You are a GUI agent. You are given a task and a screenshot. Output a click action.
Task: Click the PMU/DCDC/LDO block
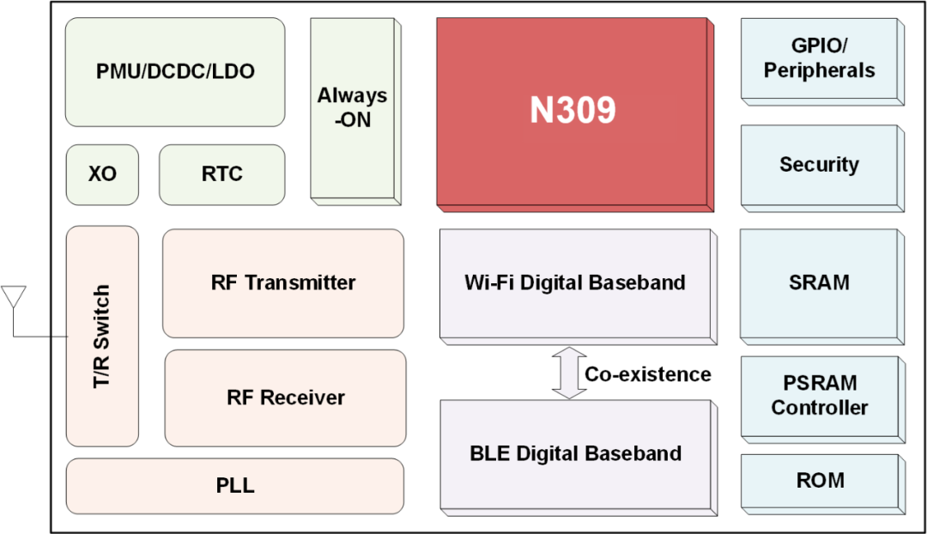(x=175, y=72)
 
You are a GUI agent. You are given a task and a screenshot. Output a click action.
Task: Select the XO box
(x=102, y=174)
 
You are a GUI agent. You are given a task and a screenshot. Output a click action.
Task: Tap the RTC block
(x=222, y=174)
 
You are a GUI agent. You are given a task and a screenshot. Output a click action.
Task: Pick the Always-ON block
(x=352, y=109)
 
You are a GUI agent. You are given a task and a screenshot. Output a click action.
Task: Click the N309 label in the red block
(x=573, y=111)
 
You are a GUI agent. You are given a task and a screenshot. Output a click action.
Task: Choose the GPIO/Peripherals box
(x=820, y=58)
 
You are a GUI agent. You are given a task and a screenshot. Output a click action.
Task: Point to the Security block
(x=820, y=165)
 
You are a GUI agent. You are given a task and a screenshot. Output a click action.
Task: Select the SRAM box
(x=820, y=282)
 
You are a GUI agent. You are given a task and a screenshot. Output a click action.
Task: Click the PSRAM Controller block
(x=820, y=396)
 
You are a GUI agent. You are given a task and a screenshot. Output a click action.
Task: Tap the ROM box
(x=820, y=481)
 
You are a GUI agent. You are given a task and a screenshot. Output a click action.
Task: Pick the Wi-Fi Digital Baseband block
(x=575, y=283)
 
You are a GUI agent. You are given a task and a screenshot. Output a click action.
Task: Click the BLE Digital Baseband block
(x=576, y=454)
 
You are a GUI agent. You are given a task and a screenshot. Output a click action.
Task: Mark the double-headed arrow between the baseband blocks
(x=569, y=373)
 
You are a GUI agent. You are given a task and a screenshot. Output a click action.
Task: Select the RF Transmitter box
(x=283, y=282)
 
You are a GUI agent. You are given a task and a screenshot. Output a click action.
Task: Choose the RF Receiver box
(x=285, y=398)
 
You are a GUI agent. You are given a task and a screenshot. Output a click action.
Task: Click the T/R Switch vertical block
(x=102, y=336)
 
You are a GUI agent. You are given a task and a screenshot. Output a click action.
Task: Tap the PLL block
(x=235, y=486)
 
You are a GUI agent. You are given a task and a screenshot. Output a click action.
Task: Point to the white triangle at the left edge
(x=14, y=297)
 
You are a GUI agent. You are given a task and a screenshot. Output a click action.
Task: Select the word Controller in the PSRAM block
(x=820, y=408)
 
